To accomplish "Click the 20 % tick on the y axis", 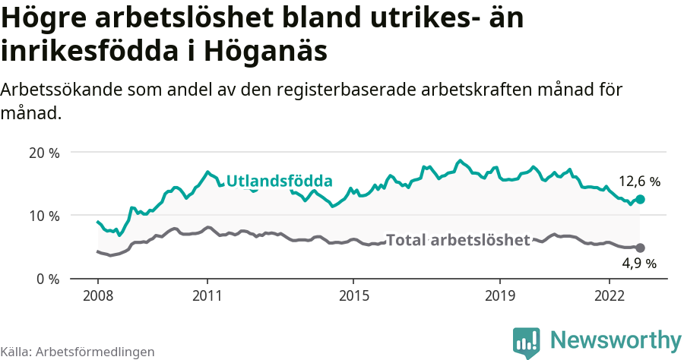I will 44,152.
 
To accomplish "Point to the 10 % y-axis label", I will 44,216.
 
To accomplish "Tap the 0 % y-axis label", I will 47,279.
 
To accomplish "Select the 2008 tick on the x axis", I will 98,295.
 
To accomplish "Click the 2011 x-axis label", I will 207,295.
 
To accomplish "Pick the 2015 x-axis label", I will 353,295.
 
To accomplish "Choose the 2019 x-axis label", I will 500,295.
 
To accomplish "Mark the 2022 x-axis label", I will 610,295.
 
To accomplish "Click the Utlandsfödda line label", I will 280,182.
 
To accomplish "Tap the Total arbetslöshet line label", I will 458,241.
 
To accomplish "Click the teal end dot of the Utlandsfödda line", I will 640,199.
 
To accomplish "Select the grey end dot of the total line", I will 640,248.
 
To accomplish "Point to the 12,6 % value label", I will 639,182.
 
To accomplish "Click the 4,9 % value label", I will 639,264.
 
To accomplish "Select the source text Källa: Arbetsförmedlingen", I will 78,352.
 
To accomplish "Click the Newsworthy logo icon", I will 526,342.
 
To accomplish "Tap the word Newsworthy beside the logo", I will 616,339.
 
